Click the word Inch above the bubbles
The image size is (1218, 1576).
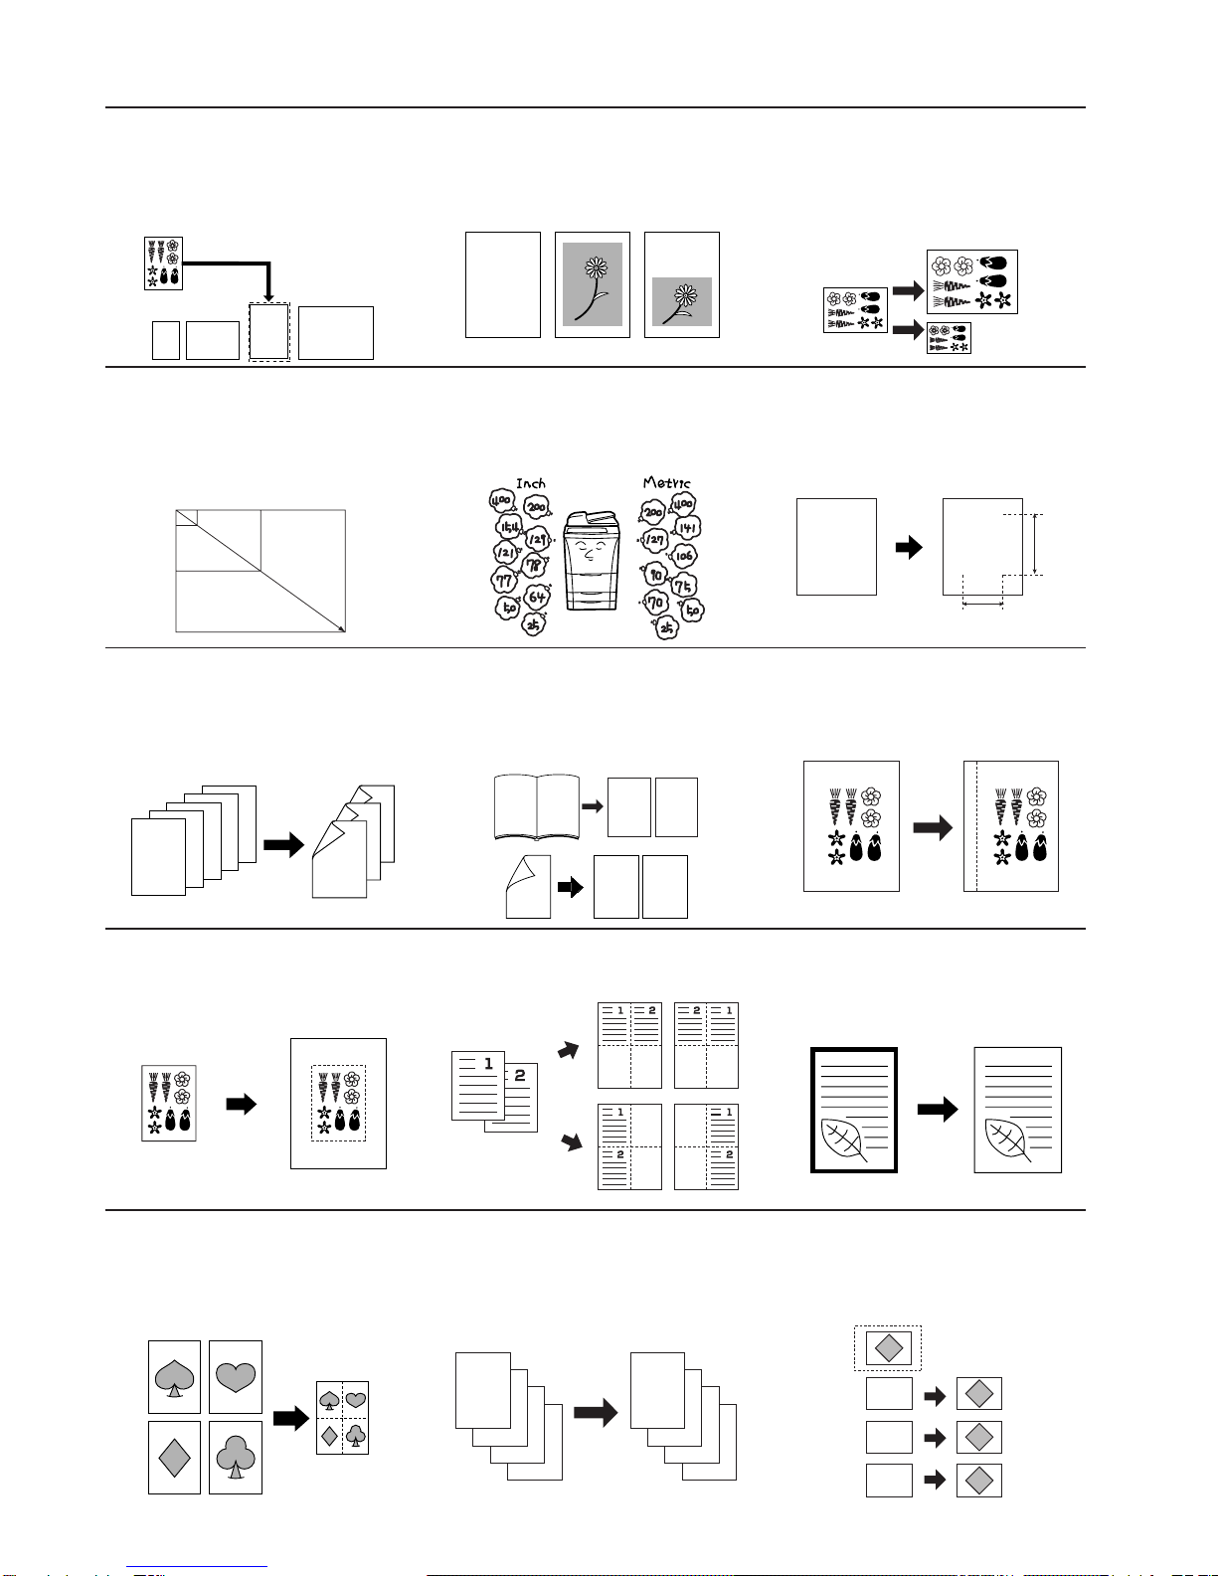[531, 483]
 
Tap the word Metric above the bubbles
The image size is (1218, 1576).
[666, 483]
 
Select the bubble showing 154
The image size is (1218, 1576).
[509, 526]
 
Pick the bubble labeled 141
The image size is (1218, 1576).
[688, 527]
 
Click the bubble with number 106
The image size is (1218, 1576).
[684, 557]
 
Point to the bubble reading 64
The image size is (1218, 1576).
[537, 597]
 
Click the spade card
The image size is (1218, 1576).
[174, 1377]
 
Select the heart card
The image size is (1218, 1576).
[236, 1377]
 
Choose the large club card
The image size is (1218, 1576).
[236, 1458]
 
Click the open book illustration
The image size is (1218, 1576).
[537, 807]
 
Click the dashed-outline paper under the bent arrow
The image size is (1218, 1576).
[268, 332]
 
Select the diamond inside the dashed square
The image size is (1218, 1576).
[888, 1347]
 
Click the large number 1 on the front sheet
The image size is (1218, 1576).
[488, 1064]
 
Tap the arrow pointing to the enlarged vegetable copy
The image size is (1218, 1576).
[908, 289]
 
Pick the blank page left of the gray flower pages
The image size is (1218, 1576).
[503, 285]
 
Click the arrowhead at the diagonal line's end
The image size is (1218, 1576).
[341, 627]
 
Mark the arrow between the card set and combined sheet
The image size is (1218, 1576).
[290, 1418]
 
